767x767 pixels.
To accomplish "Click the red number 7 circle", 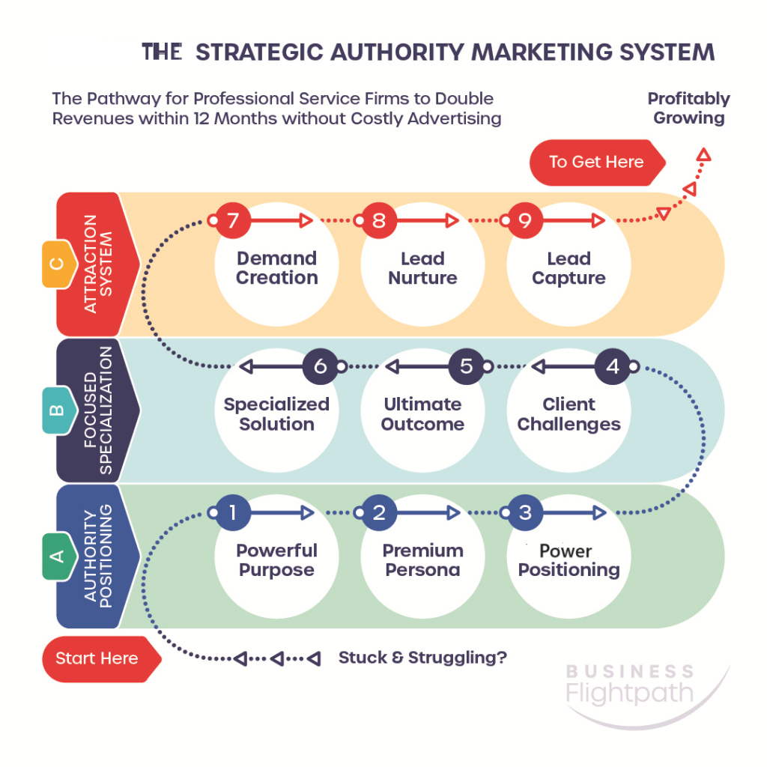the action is [x=233, y=220].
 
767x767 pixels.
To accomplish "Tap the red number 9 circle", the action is [x=525, y=220].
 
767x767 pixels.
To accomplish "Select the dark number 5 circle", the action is [x=467, y=366].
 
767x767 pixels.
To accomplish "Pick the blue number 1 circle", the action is [x=233, y=512].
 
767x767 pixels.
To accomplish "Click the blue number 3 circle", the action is [x=525, y=512].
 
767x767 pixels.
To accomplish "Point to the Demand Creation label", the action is [x=277, y=268].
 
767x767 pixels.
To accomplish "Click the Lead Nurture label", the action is [x=422, y=268].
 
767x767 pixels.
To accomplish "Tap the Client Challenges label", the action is [x=569, y=414].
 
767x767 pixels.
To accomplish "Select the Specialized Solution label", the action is [x=277, y=414].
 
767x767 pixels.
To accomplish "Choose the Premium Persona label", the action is [x=422, y=560].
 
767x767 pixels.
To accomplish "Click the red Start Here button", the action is [x=101, y=659].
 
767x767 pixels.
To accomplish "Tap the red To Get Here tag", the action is [x=597, y=163].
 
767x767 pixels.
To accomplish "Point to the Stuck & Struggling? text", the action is [x=422, y=658].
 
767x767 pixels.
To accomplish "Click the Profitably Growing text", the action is [x=689, y=109].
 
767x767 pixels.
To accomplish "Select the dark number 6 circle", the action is [x=321, y=366].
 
